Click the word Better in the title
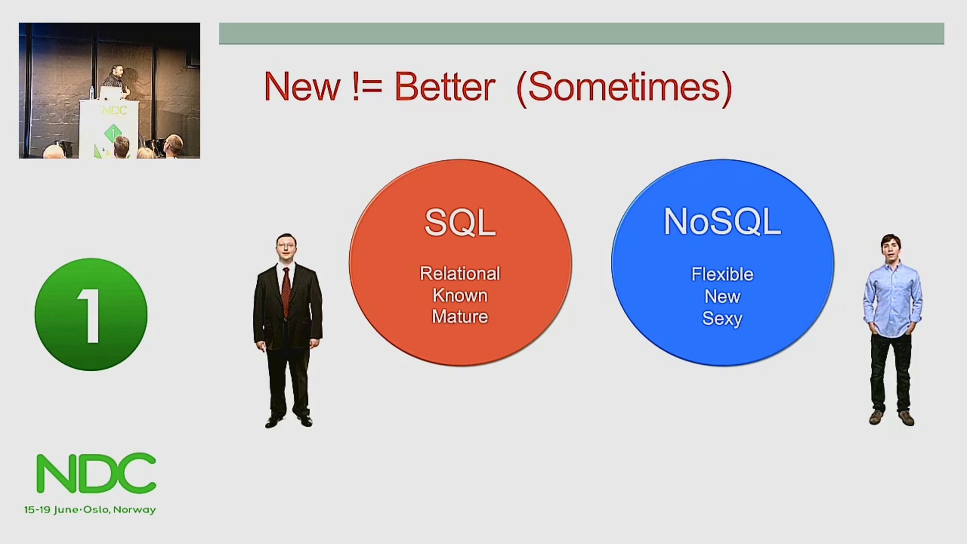coord(445,86)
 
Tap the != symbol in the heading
coord(367,86)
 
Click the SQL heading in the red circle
coord(460,222)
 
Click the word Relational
coord(460,274)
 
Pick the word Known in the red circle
coord(460,295)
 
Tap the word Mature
coord(460,317)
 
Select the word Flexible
coord(722,274)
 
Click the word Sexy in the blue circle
coord(722,319)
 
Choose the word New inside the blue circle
coord(722,297)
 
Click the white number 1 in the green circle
coord(90,316)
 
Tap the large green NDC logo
coord(96,473)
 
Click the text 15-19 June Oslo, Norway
coord(90,510)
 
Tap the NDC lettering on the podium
coord(113,110)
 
